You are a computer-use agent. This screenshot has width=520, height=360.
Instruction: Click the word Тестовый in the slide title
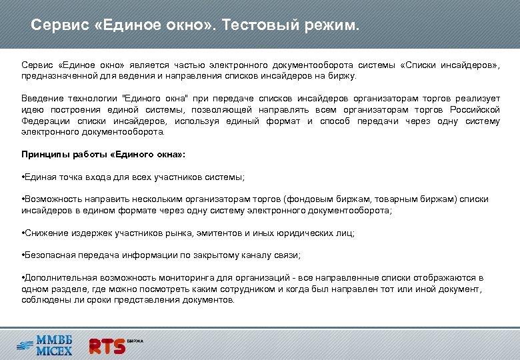pyautogui.click(x=257, y=25)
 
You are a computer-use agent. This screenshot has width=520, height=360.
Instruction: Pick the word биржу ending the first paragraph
pyautogui.click(x=342, y=76)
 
